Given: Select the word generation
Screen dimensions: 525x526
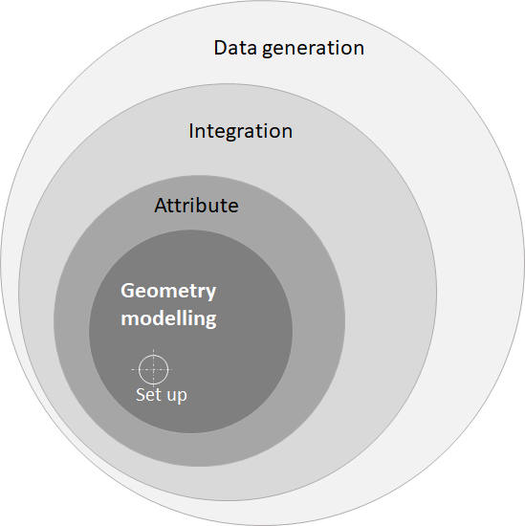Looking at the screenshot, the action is click(313, 49).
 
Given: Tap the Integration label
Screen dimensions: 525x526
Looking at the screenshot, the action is click(241, 131).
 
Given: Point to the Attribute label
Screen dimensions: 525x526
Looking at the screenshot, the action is click(196, 206).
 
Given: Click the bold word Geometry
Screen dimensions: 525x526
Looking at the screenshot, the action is click(168, 292).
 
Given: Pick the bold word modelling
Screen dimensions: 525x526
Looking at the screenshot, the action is click(168, 318).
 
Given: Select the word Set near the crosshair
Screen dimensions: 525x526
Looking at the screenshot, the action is click(147, 394).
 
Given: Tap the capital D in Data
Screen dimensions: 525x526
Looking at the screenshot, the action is click(221, 48).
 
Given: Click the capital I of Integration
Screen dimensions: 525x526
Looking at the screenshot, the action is click(191, 131).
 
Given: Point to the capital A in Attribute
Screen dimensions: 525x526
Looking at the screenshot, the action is click(161, 206).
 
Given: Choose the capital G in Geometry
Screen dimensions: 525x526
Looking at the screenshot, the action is click(127, 291).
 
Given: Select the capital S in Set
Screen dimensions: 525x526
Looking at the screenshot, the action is click(141, 394).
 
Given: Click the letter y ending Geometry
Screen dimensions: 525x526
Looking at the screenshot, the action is click(211, 294).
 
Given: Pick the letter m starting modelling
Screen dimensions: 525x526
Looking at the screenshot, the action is click(130, 320).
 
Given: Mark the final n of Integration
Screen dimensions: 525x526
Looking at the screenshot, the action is click(287, 133).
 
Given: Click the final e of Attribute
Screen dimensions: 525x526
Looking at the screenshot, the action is click(233, 208).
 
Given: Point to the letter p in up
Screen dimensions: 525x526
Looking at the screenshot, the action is click(182, 398).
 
